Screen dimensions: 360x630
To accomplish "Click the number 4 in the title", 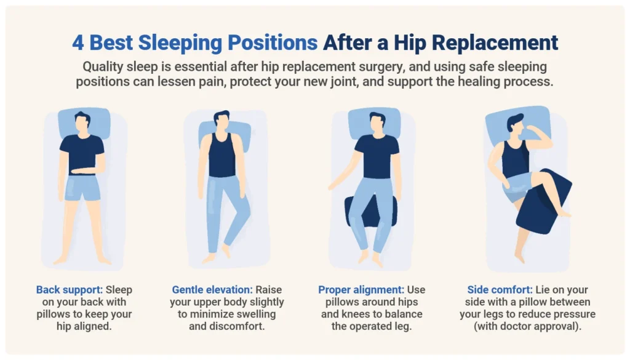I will [x=79, y=43].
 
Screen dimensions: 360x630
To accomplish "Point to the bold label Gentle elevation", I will [x=213, y=290].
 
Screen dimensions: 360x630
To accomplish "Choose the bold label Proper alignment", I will [x=359, y=290].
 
